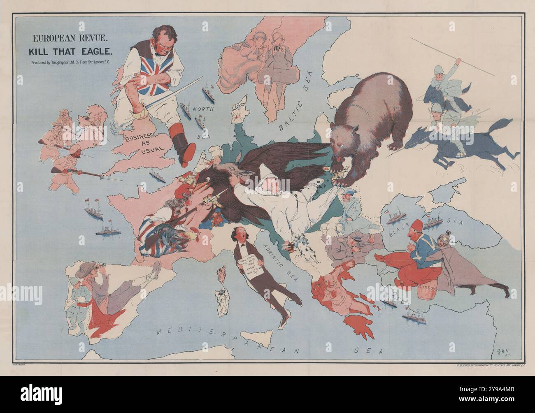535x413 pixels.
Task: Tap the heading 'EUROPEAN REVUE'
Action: point(70,39)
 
